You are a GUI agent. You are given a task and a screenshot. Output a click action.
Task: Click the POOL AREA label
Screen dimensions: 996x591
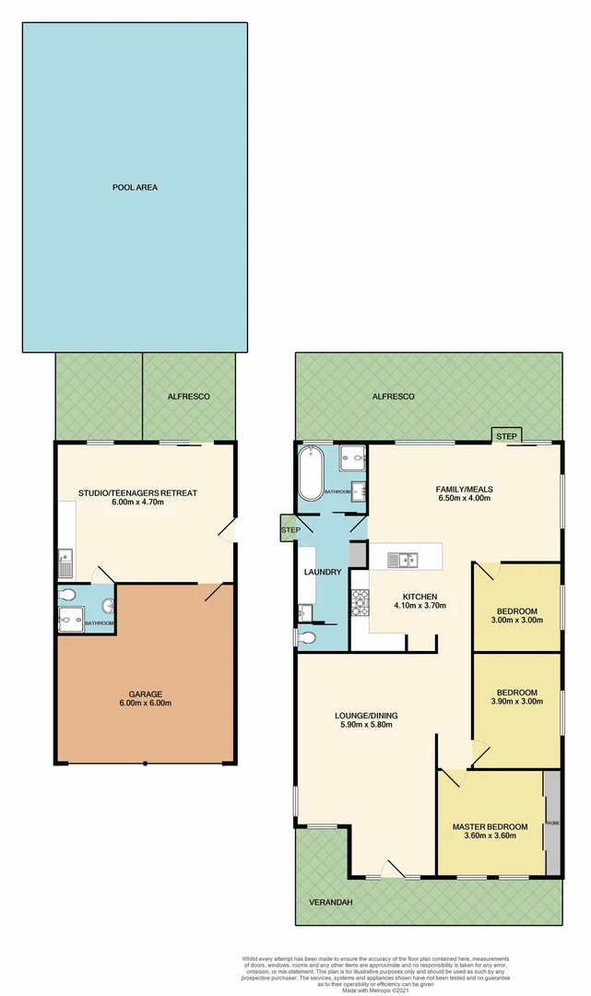coord(135,187)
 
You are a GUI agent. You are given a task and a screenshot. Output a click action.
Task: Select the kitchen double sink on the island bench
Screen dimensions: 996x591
coord(403,559)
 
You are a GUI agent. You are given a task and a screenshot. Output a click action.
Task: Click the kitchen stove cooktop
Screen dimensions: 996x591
coord(359,602)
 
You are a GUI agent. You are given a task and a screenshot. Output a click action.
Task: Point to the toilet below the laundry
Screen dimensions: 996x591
coord(306,637)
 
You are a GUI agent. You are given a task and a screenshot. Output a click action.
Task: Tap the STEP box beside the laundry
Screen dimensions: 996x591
coord(290,530)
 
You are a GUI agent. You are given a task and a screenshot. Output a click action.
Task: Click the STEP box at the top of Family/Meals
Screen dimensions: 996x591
coord(506,435)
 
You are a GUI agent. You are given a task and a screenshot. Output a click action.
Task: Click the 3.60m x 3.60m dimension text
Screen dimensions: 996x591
coord(490,836)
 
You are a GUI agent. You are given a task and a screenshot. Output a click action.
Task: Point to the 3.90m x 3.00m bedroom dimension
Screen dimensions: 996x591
coord(516,704)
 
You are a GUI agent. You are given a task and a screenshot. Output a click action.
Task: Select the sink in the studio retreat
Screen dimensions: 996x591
coord(65,557)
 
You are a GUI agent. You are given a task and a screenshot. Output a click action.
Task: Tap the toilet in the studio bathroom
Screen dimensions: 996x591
coord(108,606)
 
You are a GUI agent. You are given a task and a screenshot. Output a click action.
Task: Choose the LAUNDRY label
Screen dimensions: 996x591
coord(323,573)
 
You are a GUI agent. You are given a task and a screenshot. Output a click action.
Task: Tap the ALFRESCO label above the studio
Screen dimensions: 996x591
coord(188,396)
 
